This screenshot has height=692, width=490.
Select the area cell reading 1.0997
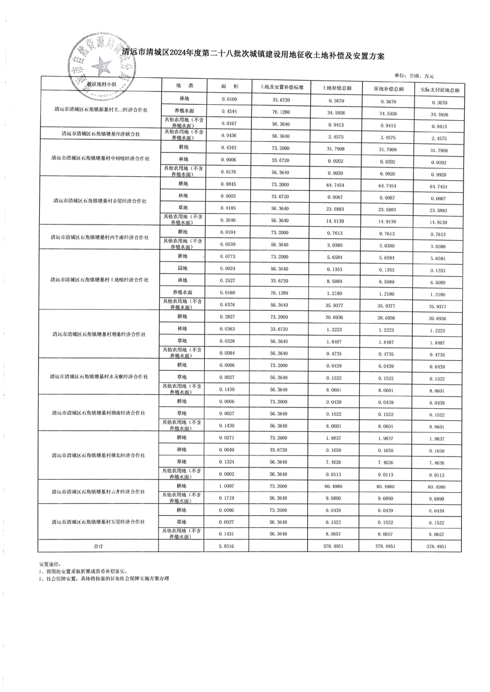pos(229,486)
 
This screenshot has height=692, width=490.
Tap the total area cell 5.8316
pos(229,546)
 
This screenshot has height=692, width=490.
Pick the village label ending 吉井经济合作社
pos(98,492)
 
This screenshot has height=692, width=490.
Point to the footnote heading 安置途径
pos(50,564)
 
